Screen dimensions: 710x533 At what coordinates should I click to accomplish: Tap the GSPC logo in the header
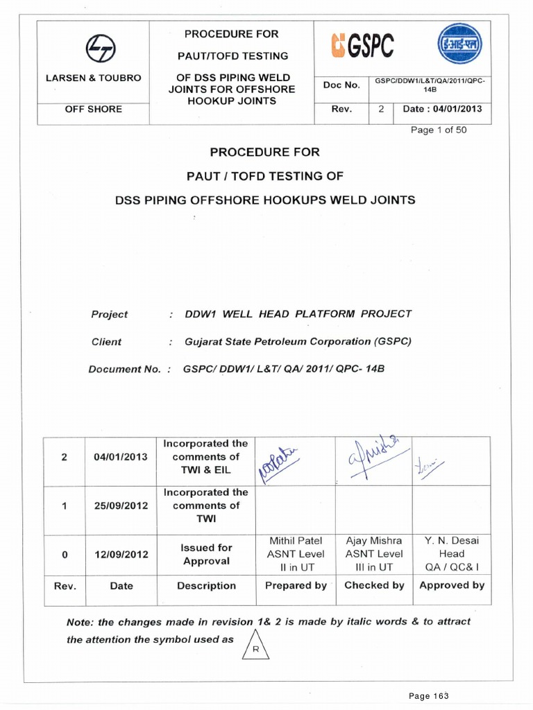[363, 46]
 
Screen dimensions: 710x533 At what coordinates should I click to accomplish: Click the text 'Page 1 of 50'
[439, 130]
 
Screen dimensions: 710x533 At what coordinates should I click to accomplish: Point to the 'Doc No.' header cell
[341, 85]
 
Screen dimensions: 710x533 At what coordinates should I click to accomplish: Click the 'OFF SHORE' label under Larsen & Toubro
[94, 109]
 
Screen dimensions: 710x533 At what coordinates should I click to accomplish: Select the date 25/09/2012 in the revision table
[121, 505]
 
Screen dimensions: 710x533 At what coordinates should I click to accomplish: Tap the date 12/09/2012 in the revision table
[121, 555]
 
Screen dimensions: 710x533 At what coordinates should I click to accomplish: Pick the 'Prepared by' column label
[296, 585]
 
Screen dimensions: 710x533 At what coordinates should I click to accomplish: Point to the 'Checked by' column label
[375, 585]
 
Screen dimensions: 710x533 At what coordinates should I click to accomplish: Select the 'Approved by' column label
[452, 585]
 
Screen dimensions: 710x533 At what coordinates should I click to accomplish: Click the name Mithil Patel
[296, 541]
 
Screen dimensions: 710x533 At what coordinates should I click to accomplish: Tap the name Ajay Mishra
[374, 541]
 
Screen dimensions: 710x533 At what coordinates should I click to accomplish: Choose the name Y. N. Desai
[452, 541]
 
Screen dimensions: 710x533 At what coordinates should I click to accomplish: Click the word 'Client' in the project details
[106, 342]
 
